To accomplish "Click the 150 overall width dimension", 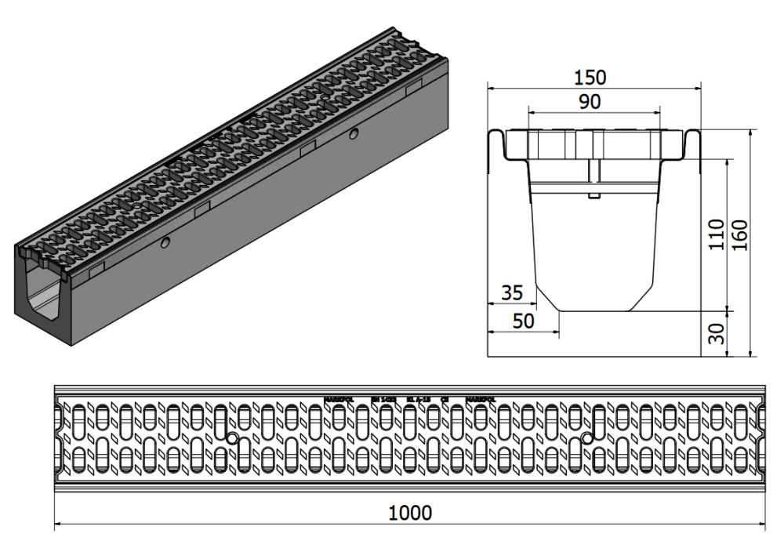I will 590,77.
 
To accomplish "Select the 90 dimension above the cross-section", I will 590,102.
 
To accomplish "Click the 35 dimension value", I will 511,293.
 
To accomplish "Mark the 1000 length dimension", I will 410,513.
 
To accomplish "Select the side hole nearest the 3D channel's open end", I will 165,244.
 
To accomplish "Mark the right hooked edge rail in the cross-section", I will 692,149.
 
